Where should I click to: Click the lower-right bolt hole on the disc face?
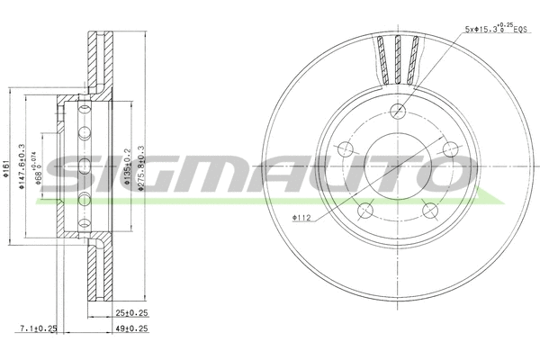(428, 210)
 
